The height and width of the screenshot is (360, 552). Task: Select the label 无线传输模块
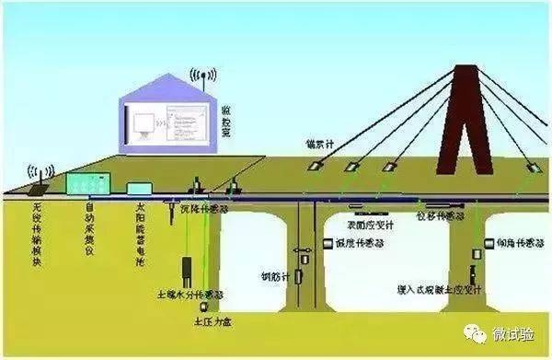tap(36, 235)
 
